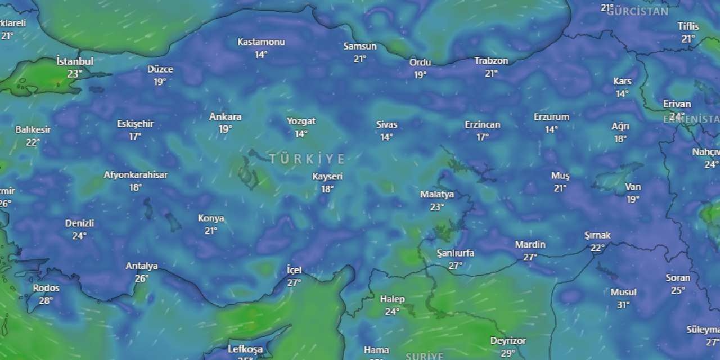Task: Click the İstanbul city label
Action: click(75, 61)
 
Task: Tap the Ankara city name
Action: click(225, 117)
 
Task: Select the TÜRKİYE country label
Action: click(307, 159)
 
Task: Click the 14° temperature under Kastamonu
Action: click(261, 55)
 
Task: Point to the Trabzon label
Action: click(491, 61)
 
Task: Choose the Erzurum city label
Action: click(551, 117)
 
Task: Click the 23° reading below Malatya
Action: click(437, 207)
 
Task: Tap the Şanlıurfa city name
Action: click(455, 253)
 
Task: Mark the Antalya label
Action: click(142, 266)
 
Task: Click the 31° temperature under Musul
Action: click(623, 305)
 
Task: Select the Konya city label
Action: click(211, 218)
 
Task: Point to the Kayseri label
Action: click(327, 177)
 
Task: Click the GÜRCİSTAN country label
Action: click(637, 11)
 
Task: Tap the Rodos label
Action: click(46, 288)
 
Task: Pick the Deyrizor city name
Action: click(508, 341)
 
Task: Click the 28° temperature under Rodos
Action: click(46, 301)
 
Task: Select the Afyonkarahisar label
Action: click(136, 175)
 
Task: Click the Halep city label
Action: click(392, 299)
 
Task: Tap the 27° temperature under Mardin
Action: click(530, 257)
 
